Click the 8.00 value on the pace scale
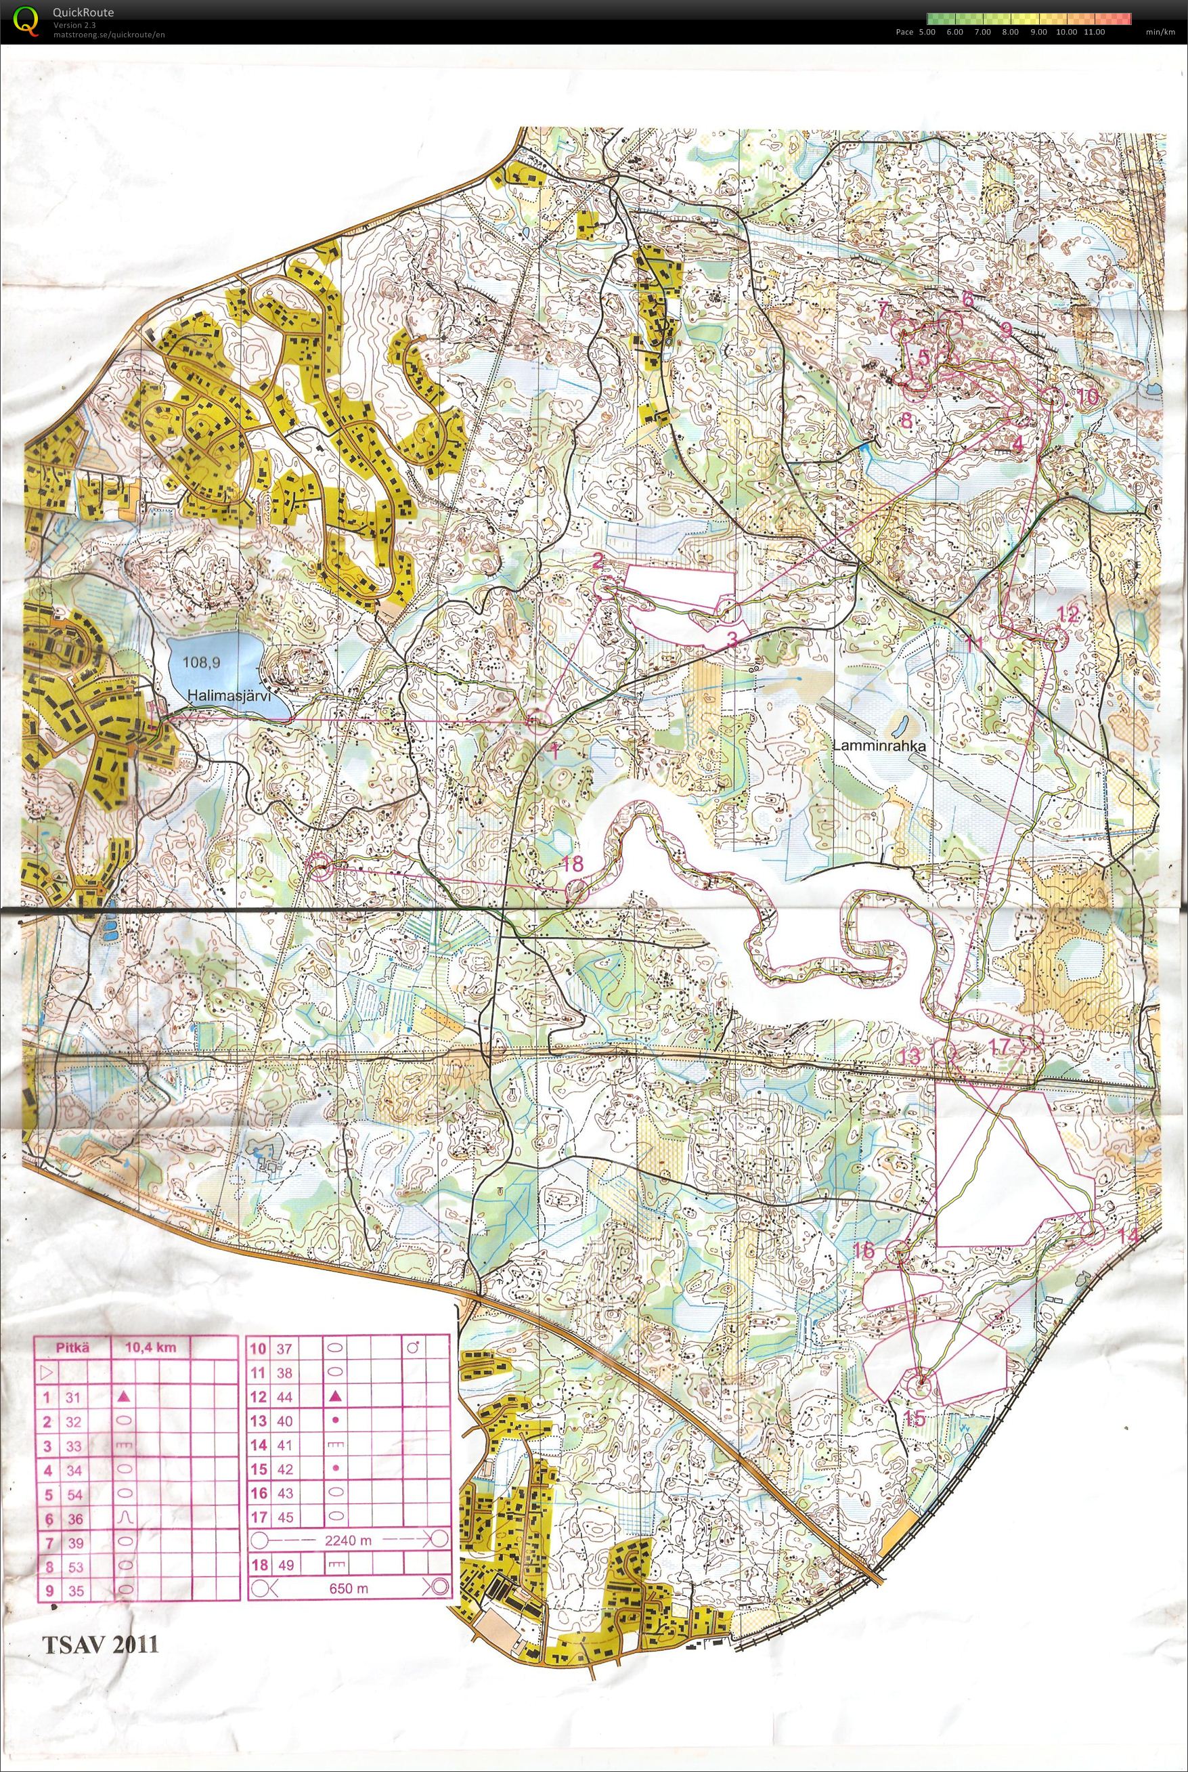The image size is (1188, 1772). (1009, 33)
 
